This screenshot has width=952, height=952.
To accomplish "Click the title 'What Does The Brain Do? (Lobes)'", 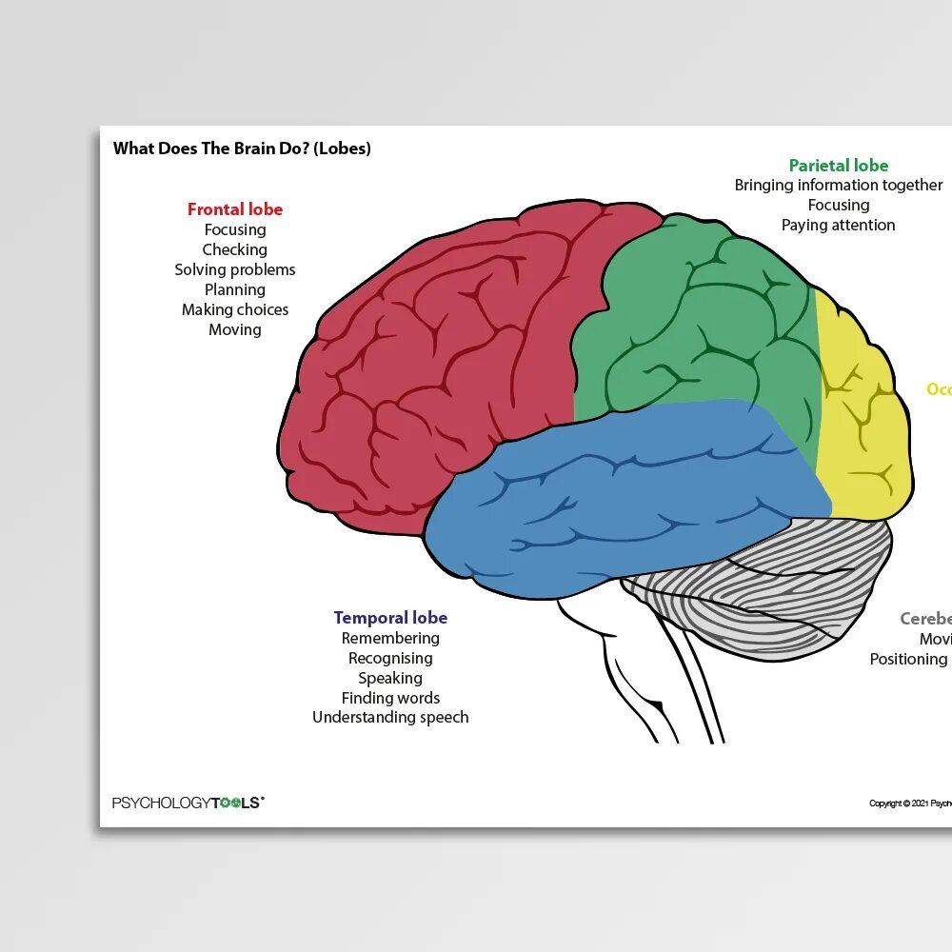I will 242,149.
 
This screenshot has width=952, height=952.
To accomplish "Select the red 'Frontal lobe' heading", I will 235,209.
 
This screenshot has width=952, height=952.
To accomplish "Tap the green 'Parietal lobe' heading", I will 839,166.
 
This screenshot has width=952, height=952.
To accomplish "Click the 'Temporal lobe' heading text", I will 390,618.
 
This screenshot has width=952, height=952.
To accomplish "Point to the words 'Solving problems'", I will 235,269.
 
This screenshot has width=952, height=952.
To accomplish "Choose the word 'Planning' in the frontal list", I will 235,289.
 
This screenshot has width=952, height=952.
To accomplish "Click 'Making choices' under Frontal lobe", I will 235,309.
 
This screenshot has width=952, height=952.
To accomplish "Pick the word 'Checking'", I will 235,249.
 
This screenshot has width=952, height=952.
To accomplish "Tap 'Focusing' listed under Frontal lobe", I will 235,229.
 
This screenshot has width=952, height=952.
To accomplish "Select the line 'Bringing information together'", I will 839,185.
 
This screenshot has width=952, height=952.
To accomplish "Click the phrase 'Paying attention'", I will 839,225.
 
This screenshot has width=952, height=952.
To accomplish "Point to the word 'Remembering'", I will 390,638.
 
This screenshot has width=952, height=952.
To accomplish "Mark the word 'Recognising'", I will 390,658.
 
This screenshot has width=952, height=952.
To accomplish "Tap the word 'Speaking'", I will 390,678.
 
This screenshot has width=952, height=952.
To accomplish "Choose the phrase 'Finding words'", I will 390,698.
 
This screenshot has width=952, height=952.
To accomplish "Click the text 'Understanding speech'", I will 390,717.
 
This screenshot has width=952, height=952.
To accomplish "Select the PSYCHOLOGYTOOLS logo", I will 188,803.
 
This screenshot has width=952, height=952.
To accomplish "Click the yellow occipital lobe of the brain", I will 862,419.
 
